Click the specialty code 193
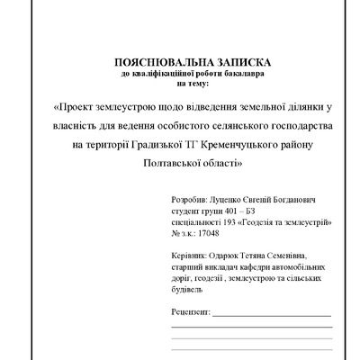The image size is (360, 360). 225,220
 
